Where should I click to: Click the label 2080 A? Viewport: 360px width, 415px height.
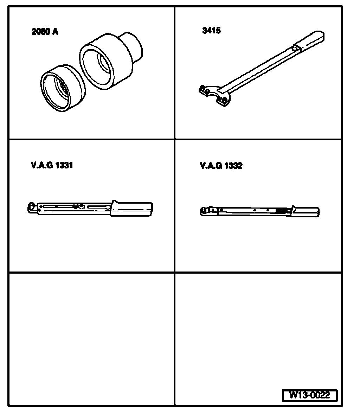[45, 32]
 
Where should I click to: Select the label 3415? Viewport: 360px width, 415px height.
[212, 31]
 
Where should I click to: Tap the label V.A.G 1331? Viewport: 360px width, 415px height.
[52, 165]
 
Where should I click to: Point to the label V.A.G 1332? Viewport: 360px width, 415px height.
[221, 165]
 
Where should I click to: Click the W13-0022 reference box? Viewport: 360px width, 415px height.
[309, 395]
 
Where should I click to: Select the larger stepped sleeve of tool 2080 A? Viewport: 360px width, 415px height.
[105, 62]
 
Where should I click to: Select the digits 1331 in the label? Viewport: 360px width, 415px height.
[63, 165]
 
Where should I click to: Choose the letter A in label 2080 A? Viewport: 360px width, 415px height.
[55, 32]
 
